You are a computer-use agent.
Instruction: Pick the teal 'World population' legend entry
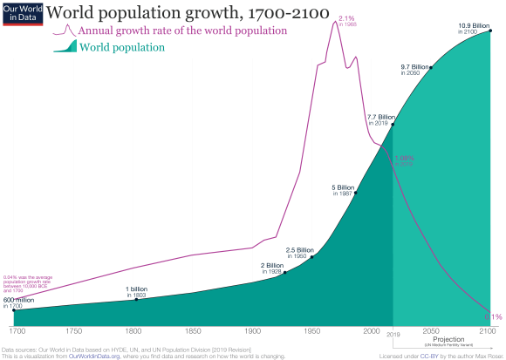121,46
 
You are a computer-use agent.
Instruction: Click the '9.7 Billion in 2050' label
417,70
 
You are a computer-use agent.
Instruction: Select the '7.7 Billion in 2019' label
380,119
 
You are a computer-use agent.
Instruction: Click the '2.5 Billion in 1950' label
299,253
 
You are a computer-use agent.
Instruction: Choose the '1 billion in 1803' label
137,291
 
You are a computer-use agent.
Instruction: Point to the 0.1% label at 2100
493,316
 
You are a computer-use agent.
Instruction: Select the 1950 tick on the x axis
311,332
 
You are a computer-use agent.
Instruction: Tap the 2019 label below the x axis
393,334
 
